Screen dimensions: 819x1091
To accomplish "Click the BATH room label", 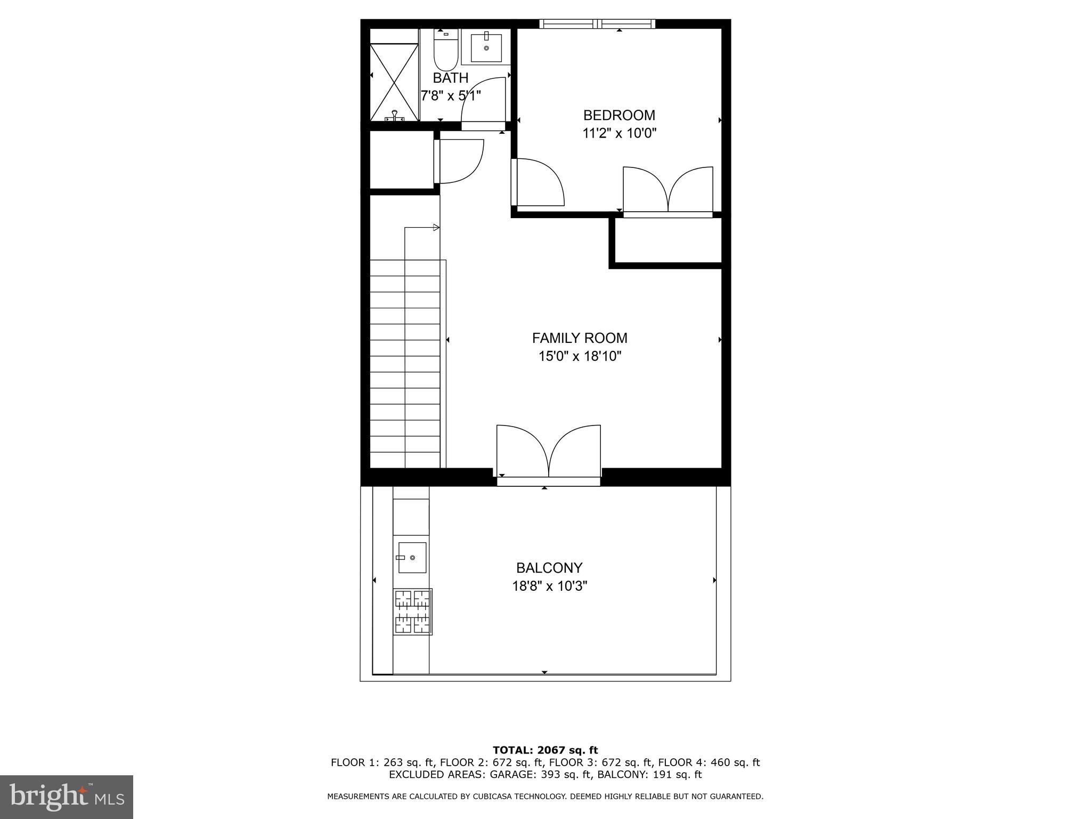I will (450, 78).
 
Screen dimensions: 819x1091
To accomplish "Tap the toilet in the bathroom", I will (445, 52).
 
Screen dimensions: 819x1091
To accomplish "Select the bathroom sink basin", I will (486, 47).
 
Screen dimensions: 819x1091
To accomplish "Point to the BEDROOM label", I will (619, 115).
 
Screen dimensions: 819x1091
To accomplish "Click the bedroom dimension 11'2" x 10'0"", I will (619, 133).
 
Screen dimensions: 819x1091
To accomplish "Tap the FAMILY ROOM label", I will (580, 338).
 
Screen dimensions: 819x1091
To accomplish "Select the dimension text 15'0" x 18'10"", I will (580, 356).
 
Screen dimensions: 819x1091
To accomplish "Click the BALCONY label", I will (549, 568).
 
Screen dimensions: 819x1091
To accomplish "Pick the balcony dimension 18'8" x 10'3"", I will (549, 587).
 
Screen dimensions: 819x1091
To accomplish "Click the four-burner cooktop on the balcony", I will (413, 612).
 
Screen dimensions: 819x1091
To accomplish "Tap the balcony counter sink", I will (412, 557).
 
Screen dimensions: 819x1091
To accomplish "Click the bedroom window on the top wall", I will (597, 23).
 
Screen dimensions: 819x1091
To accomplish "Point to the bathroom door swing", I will (482, 101).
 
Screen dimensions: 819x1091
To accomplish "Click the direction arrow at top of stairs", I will (436, 228).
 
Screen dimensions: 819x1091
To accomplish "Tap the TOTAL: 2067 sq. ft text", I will (545, 750).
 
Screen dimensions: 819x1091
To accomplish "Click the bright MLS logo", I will (67, 797).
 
